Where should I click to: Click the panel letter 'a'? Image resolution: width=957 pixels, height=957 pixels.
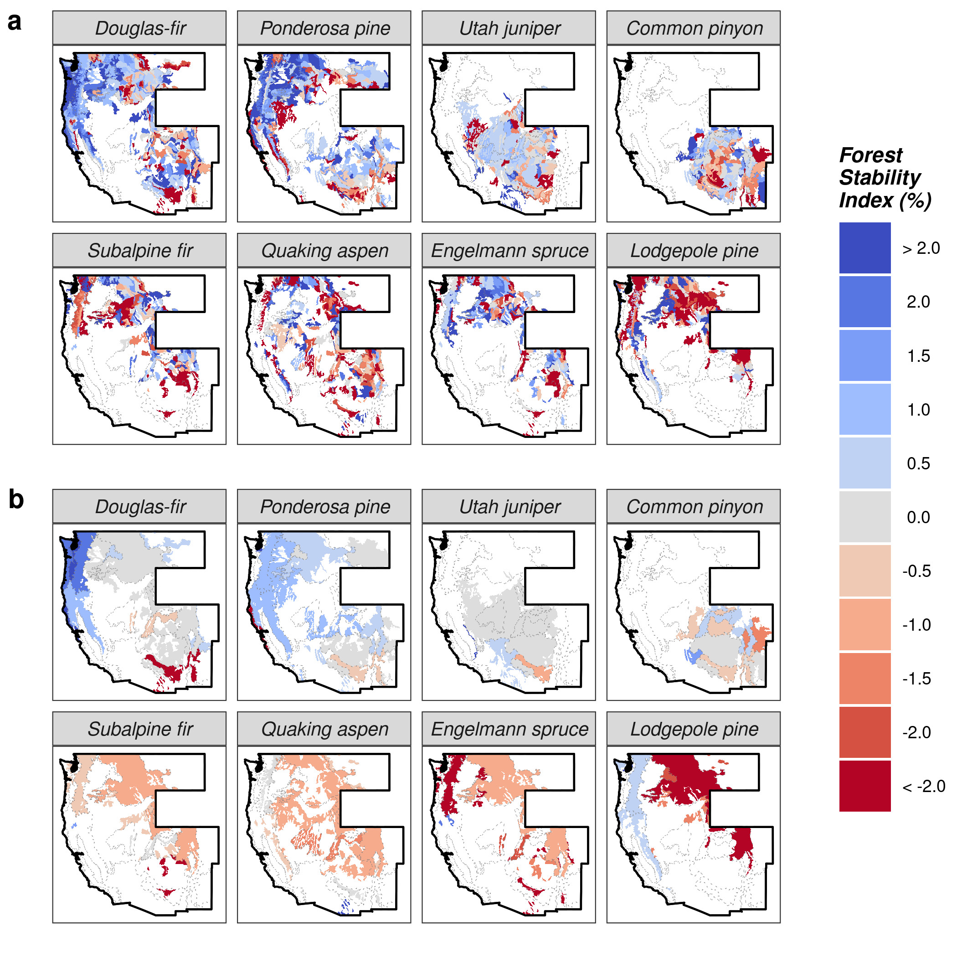[15, 23]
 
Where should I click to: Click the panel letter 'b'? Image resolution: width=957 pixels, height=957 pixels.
[16, 499]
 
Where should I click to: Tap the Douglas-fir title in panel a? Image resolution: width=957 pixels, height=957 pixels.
[140, 28]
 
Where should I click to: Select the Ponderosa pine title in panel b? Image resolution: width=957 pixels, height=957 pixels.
[325, 507]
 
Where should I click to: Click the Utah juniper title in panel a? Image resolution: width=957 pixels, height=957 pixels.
[509, 28]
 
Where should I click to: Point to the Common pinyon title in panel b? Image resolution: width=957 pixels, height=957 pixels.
[695, 507]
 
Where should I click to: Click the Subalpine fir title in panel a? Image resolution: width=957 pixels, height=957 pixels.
[140, 251]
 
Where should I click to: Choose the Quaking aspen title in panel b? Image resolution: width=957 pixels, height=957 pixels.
[325, 729]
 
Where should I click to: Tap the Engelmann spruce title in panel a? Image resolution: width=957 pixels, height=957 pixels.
[509, 251]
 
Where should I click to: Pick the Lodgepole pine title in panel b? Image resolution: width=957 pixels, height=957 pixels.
[695, 729]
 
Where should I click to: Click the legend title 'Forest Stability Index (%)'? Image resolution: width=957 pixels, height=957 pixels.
[885, 178]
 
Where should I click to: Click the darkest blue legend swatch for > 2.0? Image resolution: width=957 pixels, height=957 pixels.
[865, 247]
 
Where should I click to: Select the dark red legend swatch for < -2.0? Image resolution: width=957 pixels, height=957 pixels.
[865, 786]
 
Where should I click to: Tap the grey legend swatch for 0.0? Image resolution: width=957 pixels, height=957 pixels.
[865, 517]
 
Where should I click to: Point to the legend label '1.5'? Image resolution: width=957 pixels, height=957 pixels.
[918, 355]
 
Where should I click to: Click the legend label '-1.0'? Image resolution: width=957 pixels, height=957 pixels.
[916, 625]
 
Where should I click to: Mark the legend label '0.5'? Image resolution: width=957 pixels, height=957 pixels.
[918, 463]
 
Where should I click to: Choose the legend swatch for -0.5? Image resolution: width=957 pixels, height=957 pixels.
[865, 571]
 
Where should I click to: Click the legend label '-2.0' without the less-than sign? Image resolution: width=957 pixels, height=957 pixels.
[916, 732]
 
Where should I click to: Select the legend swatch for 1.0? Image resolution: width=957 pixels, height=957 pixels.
[865, 409]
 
